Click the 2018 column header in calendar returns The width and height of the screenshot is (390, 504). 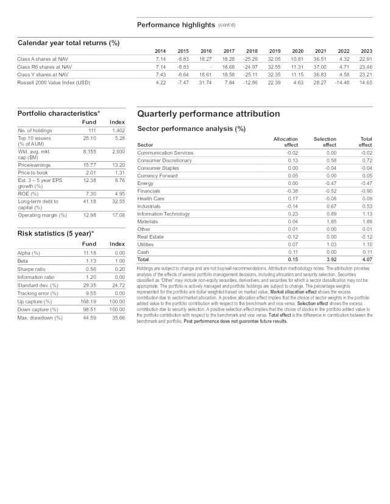coord(252,51)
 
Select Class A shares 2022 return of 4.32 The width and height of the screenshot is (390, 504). coord(342,58)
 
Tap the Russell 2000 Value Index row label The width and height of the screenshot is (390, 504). coord(54,82)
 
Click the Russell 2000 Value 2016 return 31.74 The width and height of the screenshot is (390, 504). coord(205,82)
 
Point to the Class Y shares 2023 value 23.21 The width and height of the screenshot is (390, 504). coord(366,74)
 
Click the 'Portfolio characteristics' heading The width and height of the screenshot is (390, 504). coord(58,113)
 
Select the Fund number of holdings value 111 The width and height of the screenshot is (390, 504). coord(92,130)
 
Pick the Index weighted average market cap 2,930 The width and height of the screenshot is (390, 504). coord(118,152)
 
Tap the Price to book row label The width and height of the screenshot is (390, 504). coord(34,173)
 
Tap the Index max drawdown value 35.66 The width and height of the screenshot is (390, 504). coord(116,318)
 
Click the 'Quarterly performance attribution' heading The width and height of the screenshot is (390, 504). coord(208,114)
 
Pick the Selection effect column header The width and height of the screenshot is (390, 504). coord(325,142)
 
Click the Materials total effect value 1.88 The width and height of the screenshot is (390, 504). coord(366,222)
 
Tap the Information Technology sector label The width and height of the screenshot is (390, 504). coord(164,214)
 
